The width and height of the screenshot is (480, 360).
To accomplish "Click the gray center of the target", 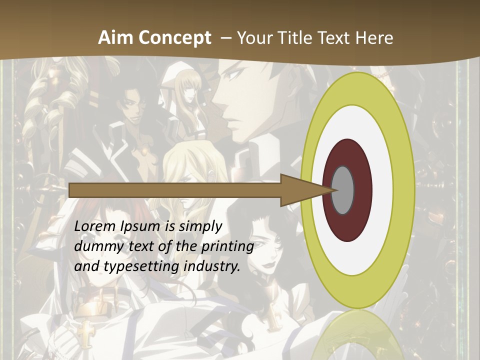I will click(x=343, y=190).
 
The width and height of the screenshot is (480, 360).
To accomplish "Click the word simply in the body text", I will click(x=199, y=226).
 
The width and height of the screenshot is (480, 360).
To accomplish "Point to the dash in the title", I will click(x=225, y=38).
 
